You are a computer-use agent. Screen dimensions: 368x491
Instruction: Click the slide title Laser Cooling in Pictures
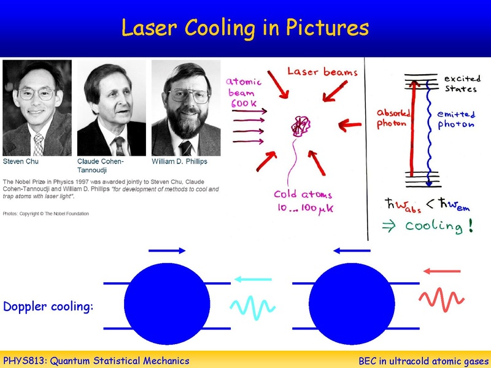[x=245, y=28]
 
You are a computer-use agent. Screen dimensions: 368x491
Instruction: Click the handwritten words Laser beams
[x=322, y=72]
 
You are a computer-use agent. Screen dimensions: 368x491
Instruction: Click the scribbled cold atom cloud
[x=301, y=127]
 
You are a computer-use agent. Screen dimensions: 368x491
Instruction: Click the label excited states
[x=460, y=84]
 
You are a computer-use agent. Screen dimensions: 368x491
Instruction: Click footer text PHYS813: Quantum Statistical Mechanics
[x=96, y=361]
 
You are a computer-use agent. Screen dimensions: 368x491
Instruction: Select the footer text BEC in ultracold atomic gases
[x=423, y=361]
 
